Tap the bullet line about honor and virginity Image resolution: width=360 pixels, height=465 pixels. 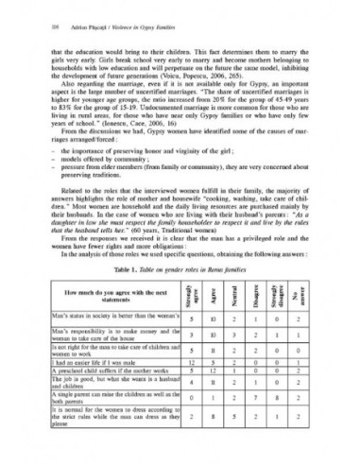point(132,136)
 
